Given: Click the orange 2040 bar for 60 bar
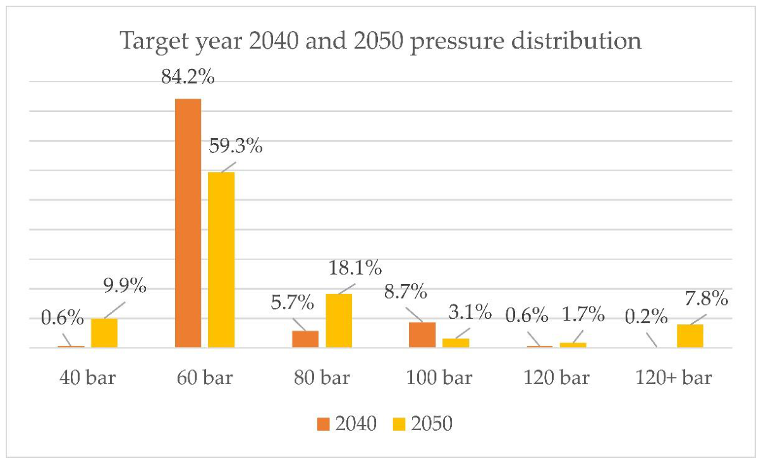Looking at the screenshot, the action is pos(188,223).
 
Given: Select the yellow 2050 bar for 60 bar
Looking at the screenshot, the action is pos(221,260).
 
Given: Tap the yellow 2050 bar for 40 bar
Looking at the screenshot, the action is pos(104,333).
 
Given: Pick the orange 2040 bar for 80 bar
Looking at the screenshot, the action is pos(305,339).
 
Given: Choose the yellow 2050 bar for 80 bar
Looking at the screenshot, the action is pos(339,321).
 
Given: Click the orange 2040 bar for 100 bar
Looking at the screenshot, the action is pos(422,335).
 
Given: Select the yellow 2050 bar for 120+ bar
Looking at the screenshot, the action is pos(690,336).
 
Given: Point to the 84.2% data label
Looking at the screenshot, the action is pos(188,77).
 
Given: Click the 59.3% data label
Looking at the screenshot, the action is pos(235,146).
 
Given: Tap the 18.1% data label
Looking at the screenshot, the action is pos(355,268).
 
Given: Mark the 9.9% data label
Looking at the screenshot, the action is pos(125,285).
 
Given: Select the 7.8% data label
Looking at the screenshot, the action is pos(706,299).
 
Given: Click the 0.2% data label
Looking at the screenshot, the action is pos(646,317).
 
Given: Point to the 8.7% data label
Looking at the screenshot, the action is pos(406,292).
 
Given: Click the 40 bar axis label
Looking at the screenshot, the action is pos(88,378).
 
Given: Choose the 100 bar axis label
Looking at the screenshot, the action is pos(439,378).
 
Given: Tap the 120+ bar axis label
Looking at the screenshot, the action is pos(673,378).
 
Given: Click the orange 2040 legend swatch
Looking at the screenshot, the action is pos(324,424).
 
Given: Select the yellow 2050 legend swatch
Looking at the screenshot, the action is pos(399,424).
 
